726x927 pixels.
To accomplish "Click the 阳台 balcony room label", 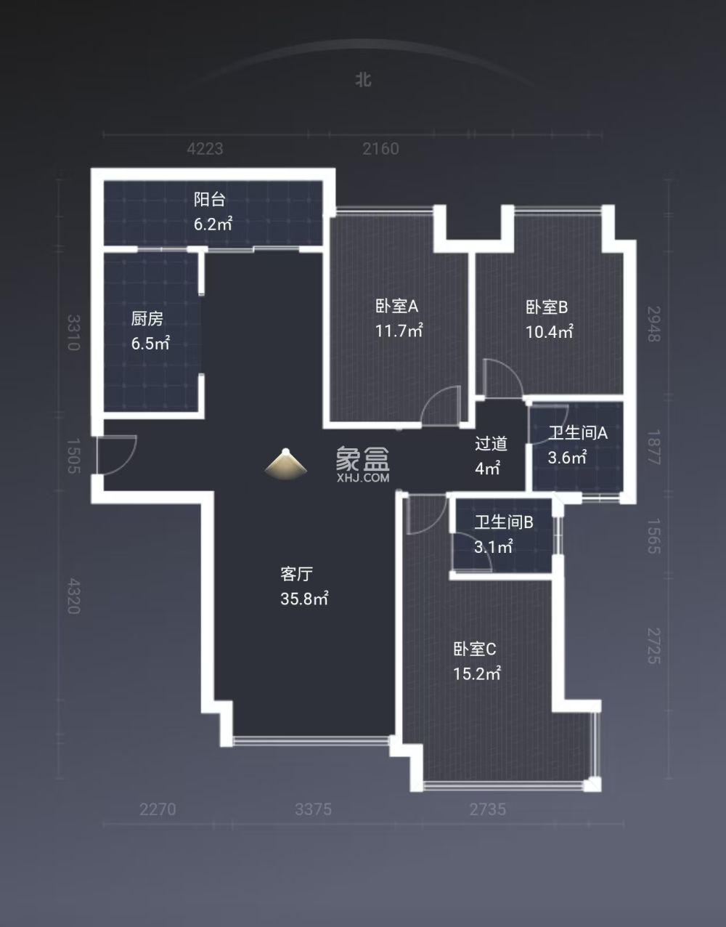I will (209, 199).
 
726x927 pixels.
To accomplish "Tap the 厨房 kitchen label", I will (147, 318).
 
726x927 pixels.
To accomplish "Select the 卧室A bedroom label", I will (396, 307).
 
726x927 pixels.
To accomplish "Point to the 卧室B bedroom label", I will (547, 307).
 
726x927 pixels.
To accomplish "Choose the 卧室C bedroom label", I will (475, 649).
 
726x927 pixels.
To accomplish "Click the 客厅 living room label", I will (296, 574).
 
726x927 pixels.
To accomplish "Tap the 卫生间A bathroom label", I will (577, 433).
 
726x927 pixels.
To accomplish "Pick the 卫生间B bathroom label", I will (504, 522).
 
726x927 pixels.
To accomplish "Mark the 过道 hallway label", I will (491, 443).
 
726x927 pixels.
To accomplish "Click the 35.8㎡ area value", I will (304, 599).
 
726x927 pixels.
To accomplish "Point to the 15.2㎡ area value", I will (477, 673).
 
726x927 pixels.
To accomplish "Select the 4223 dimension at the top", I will (205, 149).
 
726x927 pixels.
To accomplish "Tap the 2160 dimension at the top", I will (380, 149).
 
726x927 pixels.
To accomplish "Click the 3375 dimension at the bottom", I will (313, 809).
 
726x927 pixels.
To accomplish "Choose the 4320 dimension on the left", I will (73, 596).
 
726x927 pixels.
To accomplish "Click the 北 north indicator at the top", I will (363, 79).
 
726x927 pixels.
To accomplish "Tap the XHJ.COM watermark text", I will (363, 478).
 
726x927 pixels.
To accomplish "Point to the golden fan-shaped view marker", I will (286, 464).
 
